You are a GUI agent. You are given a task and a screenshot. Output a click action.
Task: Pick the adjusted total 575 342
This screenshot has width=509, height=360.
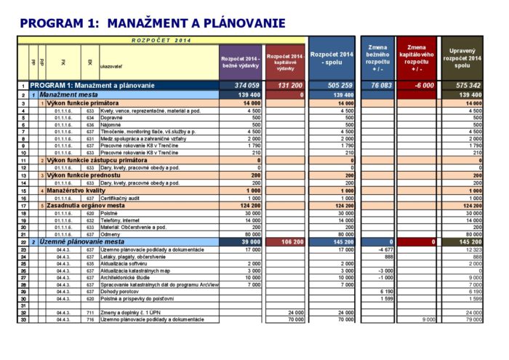click(466, 86)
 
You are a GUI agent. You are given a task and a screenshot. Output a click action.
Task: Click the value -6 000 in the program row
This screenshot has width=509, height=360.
click(423, 86)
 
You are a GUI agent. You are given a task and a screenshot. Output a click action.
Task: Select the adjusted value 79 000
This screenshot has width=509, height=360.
click(472, 320)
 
